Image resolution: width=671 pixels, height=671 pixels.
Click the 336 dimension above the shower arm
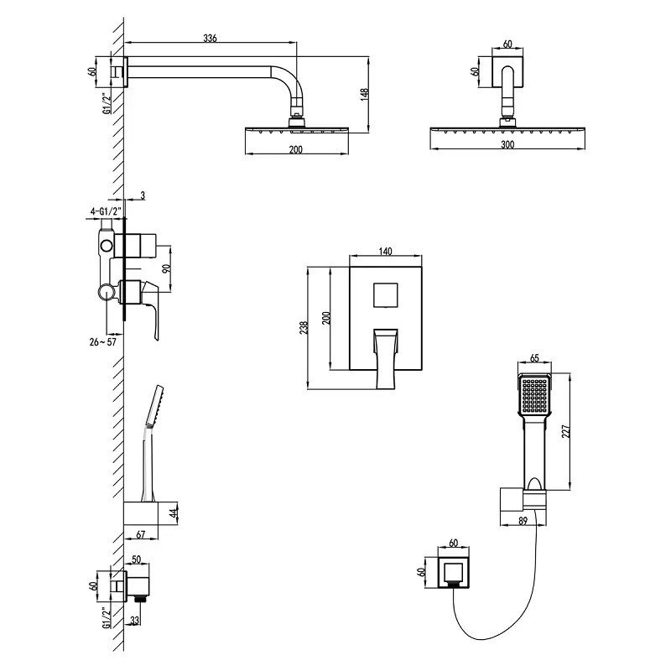point(210,38)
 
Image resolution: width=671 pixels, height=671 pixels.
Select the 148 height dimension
point(364,94)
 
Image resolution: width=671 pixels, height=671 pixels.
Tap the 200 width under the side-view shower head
point(296,149)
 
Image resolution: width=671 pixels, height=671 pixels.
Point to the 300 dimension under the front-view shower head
point(507,144)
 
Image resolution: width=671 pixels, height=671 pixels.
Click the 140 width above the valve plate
point(386,251)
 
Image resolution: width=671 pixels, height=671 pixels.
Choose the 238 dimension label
point(304,328)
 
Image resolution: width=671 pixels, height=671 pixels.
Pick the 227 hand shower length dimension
point(565,431)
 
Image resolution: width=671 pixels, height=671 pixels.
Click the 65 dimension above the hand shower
point(534,358)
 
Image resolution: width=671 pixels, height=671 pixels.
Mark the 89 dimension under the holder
point(523,521)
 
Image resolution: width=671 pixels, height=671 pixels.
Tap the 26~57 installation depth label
point(102,342)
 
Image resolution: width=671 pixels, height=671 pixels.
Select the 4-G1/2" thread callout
point(107,211)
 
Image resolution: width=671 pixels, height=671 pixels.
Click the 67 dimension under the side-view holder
point(140,534)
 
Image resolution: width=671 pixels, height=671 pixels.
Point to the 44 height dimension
point(174,514)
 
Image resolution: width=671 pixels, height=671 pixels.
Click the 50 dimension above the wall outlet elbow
point(137,559)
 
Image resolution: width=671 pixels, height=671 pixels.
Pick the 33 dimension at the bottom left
point(134,621)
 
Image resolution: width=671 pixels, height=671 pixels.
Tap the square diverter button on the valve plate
point(386,295)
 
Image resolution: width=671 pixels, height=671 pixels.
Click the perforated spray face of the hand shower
point(534,394)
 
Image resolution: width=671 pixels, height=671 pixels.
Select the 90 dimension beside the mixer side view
point(167,268)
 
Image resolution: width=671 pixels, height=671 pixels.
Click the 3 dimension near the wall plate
point(143,195)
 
